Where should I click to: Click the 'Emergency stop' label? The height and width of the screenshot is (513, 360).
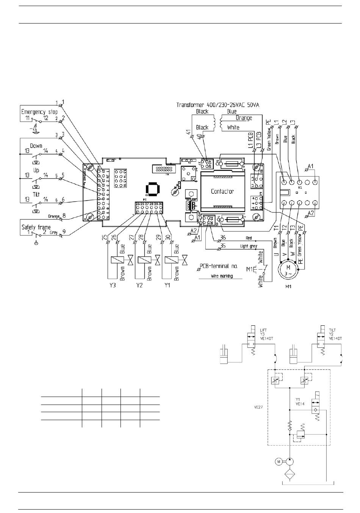tap(39, 112)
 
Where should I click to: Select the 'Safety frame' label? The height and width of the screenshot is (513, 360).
tap(36, 227)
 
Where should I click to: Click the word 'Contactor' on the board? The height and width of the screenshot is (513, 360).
tap(222, 191)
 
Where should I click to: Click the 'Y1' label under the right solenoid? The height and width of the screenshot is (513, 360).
tap(167, 286)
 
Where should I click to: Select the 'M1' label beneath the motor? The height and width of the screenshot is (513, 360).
tap(288, 287)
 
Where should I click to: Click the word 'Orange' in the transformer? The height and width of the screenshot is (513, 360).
tap(244, 118)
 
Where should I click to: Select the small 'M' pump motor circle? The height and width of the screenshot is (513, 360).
tap(279, 461)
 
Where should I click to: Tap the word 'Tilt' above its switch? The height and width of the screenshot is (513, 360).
tap(36, 194)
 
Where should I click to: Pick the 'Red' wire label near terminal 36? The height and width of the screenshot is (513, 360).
tap(249, 238)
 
